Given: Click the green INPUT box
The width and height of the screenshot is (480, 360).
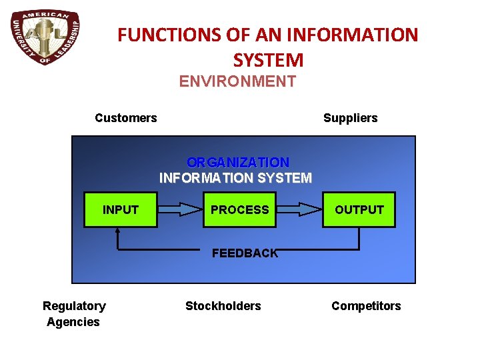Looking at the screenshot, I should point(120,209).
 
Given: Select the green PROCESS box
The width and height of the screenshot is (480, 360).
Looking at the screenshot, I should point(240,209).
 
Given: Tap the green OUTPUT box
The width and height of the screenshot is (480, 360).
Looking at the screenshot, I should point(359,209).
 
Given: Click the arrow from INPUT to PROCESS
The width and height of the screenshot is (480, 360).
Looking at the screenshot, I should point(180,209).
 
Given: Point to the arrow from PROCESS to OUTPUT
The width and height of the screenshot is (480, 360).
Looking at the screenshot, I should point(299,209).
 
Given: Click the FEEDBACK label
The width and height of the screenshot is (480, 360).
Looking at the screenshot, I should point(245,253).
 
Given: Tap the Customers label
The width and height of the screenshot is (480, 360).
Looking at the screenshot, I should point(126,118).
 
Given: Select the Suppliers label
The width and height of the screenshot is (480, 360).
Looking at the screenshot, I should point(350,118).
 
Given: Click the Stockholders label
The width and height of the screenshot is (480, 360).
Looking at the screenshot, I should point(223,306).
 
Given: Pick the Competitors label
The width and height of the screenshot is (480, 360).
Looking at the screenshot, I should point(366,306).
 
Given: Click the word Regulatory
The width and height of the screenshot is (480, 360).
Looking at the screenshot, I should point(74,306).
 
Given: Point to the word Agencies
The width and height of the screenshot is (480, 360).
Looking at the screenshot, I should point(73,322).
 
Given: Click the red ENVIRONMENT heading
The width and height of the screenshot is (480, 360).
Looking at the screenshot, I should point(237,82).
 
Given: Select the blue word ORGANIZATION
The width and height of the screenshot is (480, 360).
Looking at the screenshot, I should point(238,162).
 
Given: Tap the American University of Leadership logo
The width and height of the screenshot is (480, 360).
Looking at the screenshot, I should point(46,37).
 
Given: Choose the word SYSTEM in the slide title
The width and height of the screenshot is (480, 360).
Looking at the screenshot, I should point(268,60).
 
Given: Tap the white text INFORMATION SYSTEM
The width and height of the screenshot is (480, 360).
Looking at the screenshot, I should point(235,178).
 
